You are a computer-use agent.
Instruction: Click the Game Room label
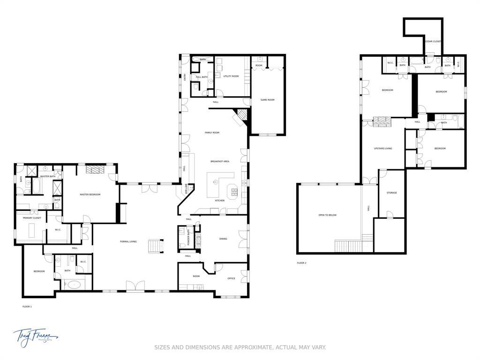pos(267,100)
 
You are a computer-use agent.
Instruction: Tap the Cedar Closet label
pos(433,41)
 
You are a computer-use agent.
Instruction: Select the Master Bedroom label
pos(90,195)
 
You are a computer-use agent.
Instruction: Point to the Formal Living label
pos(128,241)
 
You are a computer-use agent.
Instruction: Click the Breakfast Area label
pos(219,161)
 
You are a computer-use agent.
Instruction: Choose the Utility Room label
pos(231,76)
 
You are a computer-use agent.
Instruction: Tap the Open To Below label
pos(327,215)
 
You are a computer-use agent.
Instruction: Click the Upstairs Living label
pos(382,149)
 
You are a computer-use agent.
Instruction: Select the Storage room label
pos(391,193)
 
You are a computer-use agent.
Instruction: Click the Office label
pos(231,278)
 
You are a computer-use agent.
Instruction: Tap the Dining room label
pos(223,239)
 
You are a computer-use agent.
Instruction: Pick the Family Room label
pos(212,133)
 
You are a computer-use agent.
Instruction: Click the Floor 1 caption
pos(27,307)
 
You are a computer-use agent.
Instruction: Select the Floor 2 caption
pos(301,263)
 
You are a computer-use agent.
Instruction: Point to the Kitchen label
pos(219,201)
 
